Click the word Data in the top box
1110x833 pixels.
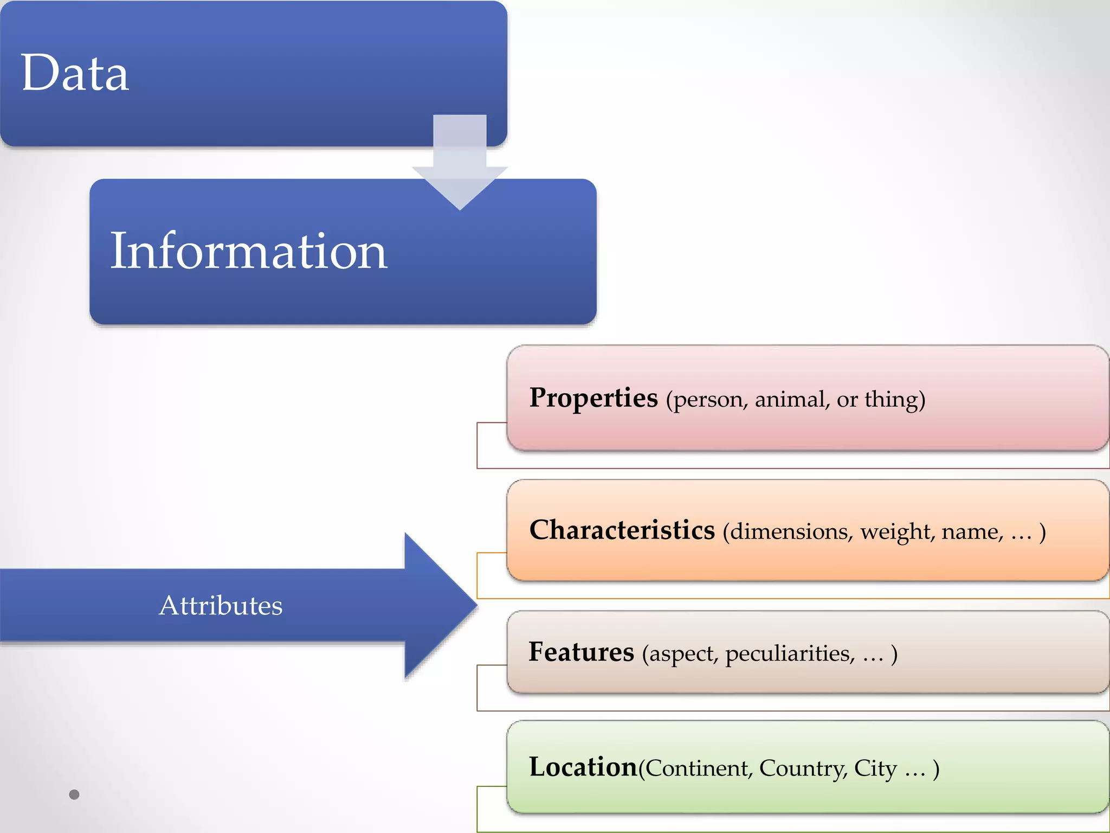point(75,73)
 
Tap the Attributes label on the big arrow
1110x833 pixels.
point(221,605)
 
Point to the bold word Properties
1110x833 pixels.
point(593,398)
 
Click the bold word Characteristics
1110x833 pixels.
point(622,530)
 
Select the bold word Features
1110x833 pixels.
point(581,652)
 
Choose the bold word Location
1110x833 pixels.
point(583,767)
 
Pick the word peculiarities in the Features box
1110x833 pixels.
point(790,654)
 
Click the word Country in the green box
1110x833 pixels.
point(803,768)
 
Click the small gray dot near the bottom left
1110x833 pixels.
point(74,794)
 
